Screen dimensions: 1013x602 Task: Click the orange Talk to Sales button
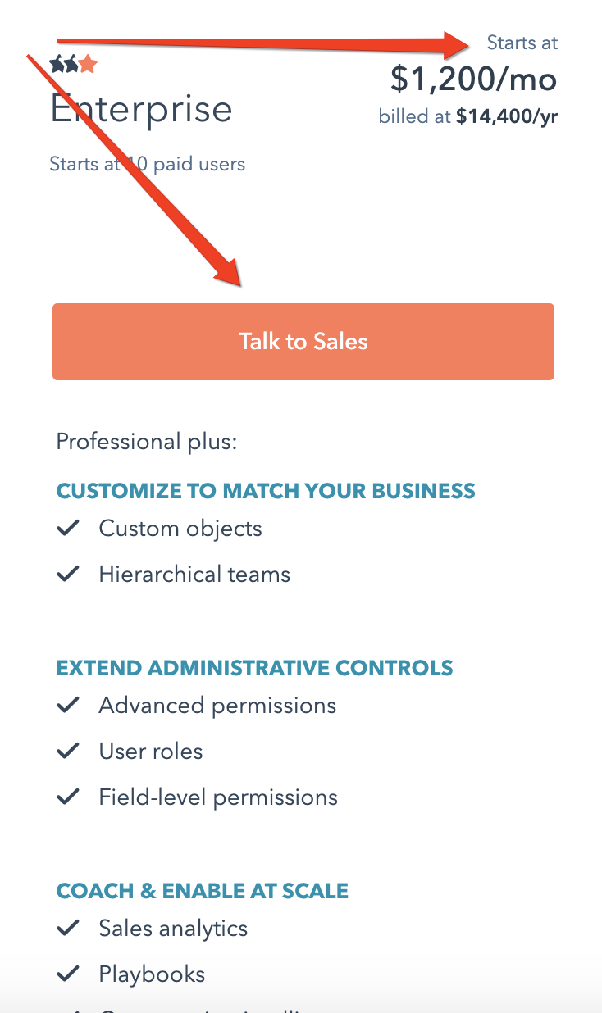point(303,342)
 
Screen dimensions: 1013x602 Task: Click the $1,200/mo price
point(473,79)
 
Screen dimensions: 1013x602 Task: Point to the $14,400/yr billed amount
point(507,116)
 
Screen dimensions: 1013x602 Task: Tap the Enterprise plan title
point(142,110)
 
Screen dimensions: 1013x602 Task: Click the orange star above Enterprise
point(88,63)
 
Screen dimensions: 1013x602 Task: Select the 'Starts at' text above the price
point(522,43)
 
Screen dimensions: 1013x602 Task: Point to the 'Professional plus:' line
point(146,443)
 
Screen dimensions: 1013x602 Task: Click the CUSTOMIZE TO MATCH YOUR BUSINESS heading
point(266,491)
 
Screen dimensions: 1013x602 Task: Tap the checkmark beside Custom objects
point(68,528)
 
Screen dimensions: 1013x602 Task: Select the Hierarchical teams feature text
point(194,574)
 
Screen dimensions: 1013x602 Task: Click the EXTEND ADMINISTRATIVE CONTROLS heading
point(254,668)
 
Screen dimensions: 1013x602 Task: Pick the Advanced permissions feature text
point(217,706)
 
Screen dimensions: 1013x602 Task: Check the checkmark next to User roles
point(68,751)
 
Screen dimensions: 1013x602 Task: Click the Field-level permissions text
point(218,797)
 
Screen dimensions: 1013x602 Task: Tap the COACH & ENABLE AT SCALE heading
point(203,891)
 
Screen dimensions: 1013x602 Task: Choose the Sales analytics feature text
point(173,929)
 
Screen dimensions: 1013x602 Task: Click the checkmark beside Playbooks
point(68,974)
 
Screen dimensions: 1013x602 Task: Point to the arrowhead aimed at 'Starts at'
point(456,46)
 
